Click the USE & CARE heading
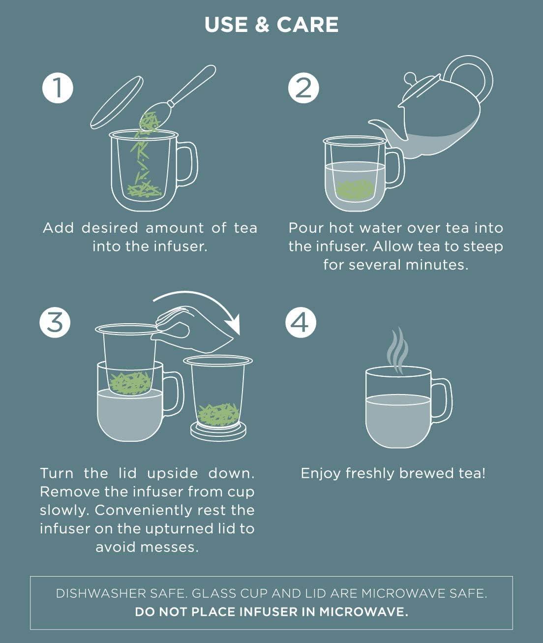point(271,25)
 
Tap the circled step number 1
point(58,88)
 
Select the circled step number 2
point(303,88)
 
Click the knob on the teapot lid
point(411,79)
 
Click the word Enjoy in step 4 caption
point(321,473)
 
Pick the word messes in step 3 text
point(174,547)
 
